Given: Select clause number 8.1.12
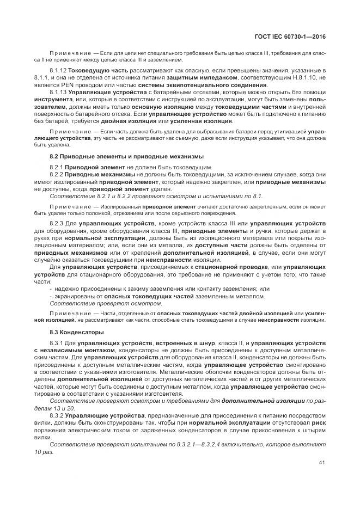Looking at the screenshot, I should [59, 71].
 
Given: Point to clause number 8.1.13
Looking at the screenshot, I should [59, 93].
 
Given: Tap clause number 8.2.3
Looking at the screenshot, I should [57, 223].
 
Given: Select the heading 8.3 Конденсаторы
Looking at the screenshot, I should [74, 332].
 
